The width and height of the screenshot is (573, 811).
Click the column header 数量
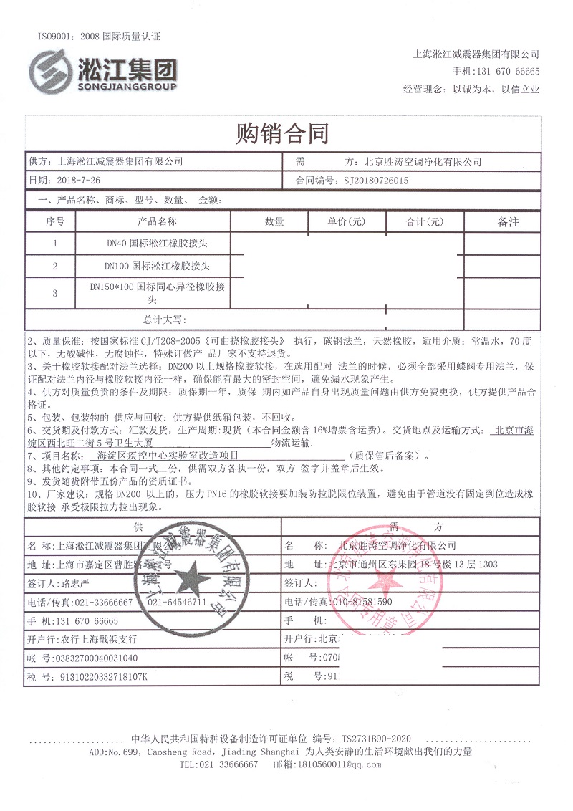(274, 221)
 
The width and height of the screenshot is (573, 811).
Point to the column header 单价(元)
(347, 221)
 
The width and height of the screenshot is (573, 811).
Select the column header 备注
(508, 222)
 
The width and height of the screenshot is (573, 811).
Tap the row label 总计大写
(164, 319)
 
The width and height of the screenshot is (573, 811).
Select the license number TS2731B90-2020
(377, 738)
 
